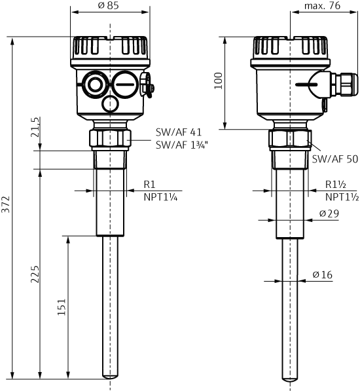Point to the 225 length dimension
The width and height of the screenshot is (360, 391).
[35, 274]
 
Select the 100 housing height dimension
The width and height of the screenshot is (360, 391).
[219, 81]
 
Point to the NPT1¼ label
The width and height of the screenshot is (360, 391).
[161, 196]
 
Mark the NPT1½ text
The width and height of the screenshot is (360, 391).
[342, 196]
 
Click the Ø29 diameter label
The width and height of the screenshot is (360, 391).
[329, 214]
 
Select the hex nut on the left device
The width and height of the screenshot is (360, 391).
[110, 138]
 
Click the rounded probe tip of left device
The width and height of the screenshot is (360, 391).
[110, 377]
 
